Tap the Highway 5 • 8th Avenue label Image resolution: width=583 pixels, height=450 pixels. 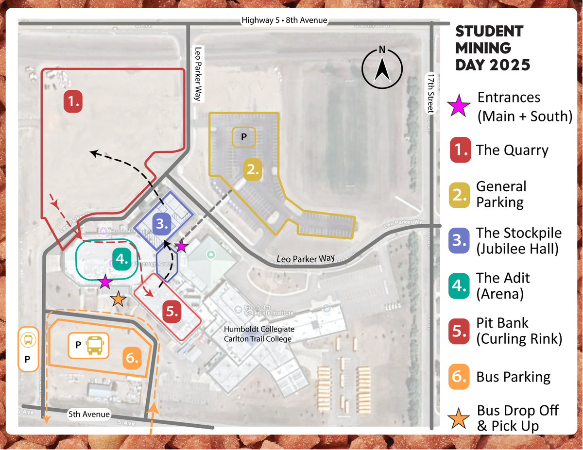click(x=284, y=20)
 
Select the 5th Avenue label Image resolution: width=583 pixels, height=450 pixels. click(x=89, y=415)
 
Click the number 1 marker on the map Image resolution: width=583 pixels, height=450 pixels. click(x=73, y=102)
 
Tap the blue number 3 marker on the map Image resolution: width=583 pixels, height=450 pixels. click(x=162, y=224)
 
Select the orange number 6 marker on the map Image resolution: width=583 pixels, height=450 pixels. click(x=133, y=358)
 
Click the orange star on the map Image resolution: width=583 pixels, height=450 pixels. click(x=118, y=300)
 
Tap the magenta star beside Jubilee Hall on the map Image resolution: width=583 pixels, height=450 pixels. click(x=181, y=247)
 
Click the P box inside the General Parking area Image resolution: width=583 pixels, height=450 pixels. click(x=244, y=137)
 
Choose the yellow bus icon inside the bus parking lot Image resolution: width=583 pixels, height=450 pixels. click(x=94, y=345)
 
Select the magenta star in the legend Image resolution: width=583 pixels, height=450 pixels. click(x=459, y=107)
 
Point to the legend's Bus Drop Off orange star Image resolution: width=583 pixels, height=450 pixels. click(x=459, y=418)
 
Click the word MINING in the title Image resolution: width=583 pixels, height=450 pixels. click(x=483, y=48)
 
